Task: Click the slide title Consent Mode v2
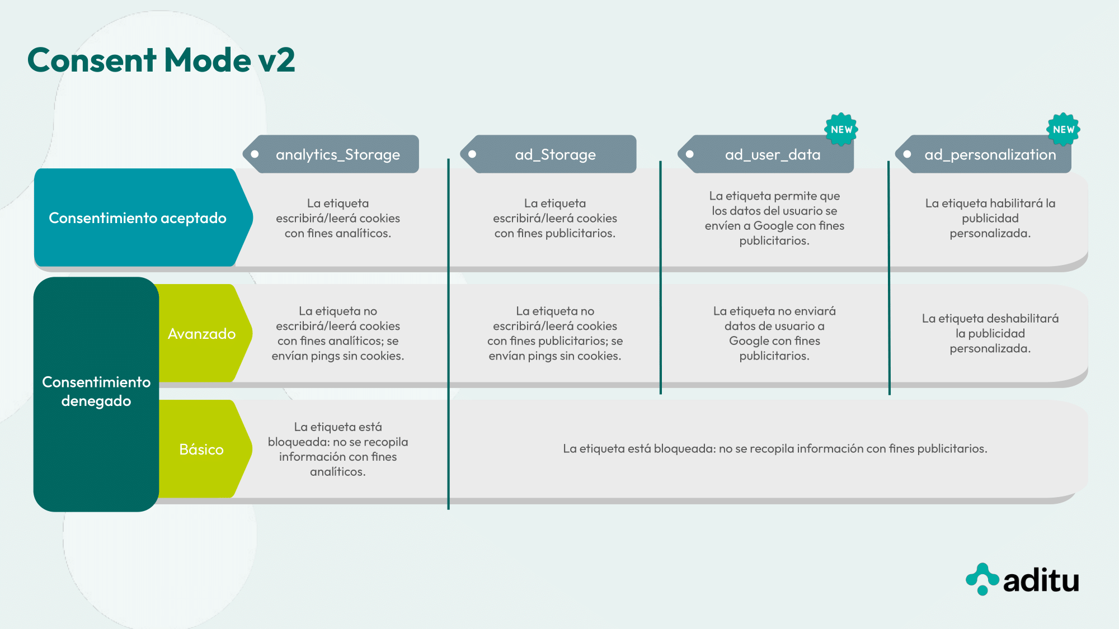161,60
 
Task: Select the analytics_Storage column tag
331,154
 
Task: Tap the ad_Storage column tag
548,154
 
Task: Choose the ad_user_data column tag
765,154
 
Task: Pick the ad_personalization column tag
983,154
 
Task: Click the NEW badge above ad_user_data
841,129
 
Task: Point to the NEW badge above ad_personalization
1063,129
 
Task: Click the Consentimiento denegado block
96,394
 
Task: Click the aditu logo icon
982,579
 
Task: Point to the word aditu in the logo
1041,580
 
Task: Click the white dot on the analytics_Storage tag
255,154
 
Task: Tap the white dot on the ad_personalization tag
908,154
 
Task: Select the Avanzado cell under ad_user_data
774,333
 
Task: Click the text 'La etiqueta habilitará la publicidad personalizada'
990,218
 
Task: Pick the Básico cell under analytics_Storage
338,449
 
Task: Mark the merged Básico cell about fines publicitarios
775,448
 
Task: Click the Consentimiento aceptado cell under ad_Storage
555,218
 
